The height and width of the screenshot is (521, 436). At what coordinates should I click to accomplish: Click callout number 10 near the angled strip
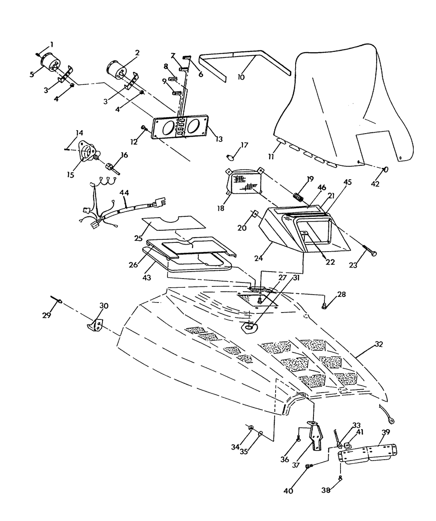click(x=241, y=77)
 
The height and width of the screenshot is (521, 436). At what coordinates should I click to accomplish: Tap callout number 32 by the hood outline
click(x=378, y=344)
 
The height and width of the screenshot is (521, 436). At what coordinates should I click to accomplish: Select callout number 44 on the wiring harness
click(x=125, y=192)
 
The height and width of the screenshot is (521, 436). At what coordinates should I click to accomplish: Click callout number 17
click(x=244, y=145)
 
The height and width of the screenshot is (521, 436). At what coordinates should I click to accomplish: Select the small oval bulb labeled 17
click(x=231, y=155)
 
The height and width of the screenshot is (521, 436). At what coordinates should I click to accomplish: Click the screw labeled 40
click(x=309, y=466)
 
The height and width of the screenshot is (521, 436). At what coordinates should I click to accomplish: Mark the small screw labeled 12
click(x=143, y=127)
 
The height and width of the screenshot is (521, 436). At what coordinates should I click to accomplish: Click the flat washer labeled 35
click(x=260, y=434)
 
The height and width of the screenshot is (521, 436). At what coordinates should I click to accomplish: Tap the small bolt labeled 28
click(x=324, y=306)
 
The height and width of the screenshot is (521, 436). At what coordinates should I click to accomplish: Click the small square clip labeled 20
click(x=254, y=214)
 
